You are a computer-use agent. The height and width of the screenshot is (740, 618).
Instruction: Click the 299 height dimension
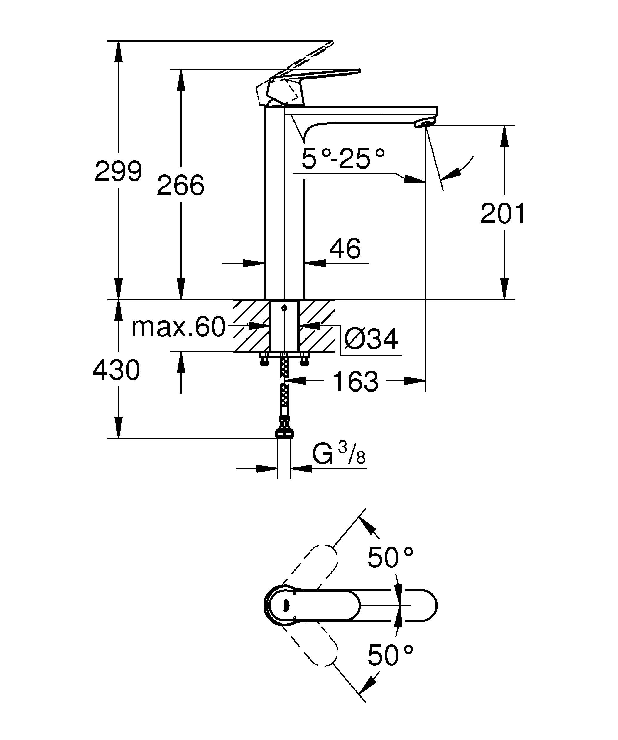[x=118, y=171]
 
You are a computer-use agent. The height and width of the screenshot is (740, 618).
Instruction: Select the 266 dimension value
[x=180, y=185]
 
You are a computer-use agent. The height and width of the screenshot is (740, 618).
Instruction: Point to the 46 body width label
[x=345, y=249]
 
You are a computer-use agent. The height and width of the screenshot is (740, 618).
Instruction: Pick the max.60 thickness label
[x=178, y=327]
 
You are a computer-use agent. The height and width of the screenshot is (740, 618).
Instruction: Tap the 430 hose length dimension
[x=116, y=370]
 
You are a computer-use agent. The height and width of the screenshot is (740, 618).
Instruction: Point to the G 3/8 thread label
[x=339, y=455]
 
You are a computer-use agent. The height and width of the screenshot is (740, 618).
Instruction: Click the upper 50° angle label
[x=390, y=558]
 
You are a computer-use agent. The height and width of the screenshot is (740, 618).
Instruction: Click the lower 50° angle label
[x=390, y=655]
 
